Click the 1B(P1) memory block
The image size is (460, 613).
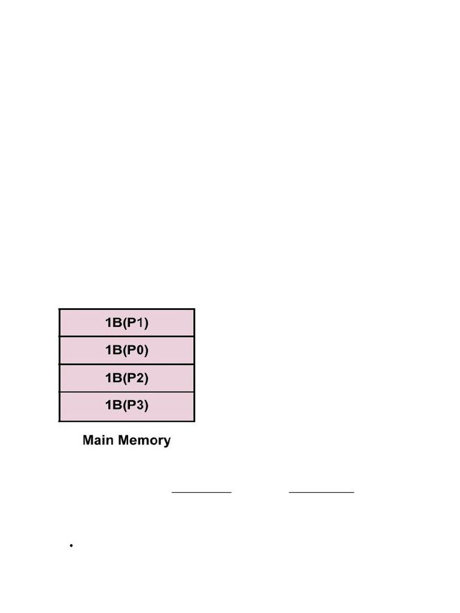click(127, 323)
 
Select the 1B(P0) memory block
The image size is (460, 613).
click(127, 350)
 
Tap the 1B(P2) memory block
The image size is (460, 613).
click(127, 378)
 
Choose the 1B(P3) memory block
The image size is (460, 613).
click(127, 406)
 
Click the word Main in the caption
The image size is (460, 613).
click(98, 440)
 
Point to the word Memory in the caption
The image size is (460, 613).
click(144, 441)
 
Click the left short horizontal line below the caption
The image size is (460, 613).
click(201, 492)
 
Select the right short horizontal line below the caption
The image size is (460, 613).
click(322, 492)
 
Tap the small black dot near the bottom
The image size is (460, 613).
click(71, 545)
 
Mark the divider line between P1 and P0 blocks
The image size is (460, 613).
click(127, 336)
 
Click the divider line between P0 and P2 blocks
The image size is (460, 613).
click(127, 364)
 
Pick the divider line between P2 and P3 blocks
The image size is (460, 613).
click(127, 392)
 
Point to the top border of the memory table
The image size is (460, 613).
click(127, 309)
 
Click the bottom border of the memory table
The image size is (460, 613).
click(127, 421)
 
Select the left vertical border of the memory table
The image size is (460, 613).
click(59, 365)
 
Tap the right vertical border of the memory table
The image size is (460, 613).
click(195, 365)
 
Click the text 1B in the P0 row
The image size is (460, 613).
click(113, 350)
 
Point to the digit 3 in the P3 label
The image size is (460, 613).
click(141, 405)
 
